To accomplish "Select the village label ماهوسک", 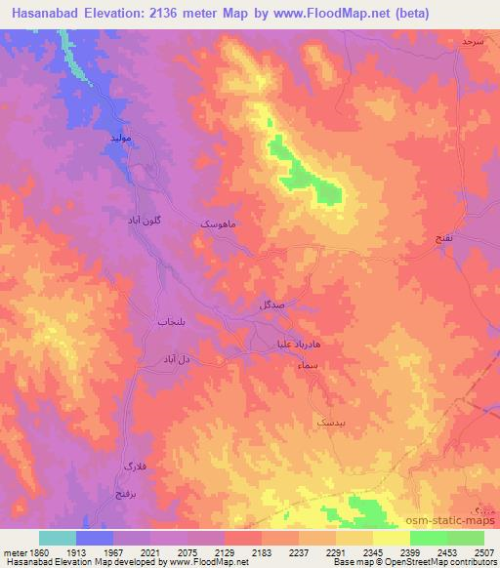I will coord(218,223).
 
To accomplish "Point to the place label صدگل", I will coord(271,304).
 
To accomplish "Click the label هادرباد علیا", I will coord(290,343).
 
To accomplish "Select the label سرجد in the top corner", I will coord(474,44).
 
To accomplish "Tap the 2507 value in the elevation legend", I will coord(482,551).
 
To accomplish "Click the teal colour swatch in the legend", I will coord(58,538).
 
